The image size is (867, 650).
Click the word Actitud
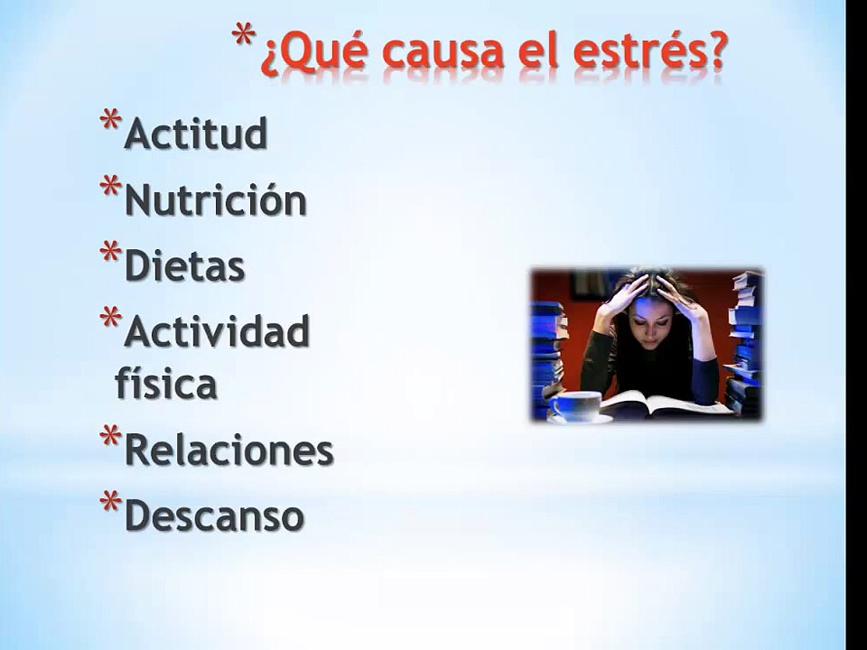click(196, 135)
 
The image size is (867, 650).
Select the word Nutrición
click(215, 201)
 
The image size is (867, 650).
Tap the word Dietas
click(184, 267)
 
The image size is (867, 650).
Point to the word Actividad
click(217, 333)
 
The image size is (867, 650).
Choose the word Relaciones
click(228, 450)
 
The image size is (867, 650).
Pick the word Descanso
click(214, 516)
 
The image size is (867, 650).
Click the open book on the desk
click(664, 403)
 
